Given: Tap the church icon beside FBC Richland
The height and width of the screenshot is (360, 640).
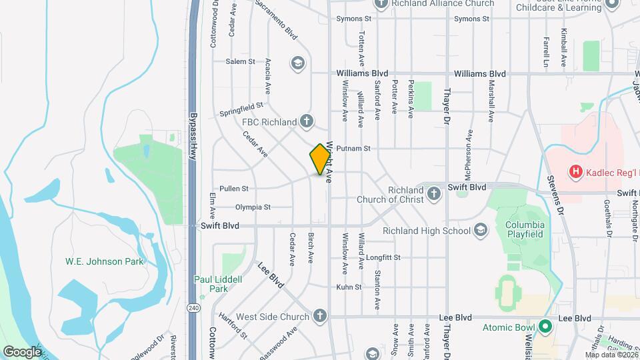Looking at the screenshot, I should click(x=306, y=121).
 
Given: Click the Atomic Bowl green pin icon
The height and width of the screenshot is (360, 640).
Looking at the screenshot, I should click(x=545, y=327).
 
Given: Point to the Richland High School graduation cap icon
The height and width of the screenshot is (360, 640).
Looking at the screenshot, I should click(x=479, y=231).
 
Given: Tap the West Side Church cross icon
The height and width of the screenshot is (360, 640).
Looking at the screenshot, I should click(x=320, y=315).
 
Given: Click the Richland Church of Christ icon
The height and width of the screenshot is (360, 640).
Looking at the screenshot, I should click(x=433, y=194).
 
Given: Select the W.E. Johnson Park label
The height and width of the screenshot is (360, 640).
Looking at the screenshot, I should click(x=104, y=261).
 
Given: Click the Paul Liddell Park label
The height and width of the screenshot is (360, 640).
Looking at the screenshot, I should click(x=211, y=284).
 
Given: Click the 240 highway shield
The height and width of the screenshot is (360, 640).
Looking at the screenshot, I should click(x=193, y=307).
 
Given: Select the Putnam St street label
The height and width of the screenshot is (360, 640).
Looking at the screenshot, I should click(x=353, y=149).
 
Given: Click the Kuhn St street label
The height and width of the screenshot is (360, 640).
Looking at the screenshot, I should click(x=349, y=287).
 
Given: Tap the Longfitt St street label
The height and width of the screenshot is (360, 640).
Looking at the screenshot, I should click(x=383, y=257).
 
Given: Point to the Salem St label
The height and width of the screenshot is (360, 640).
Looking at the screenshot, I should click(x=241, y=61).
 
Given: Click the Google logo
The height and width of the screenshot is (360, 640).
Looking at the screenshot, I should click(x=22, y=351).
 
